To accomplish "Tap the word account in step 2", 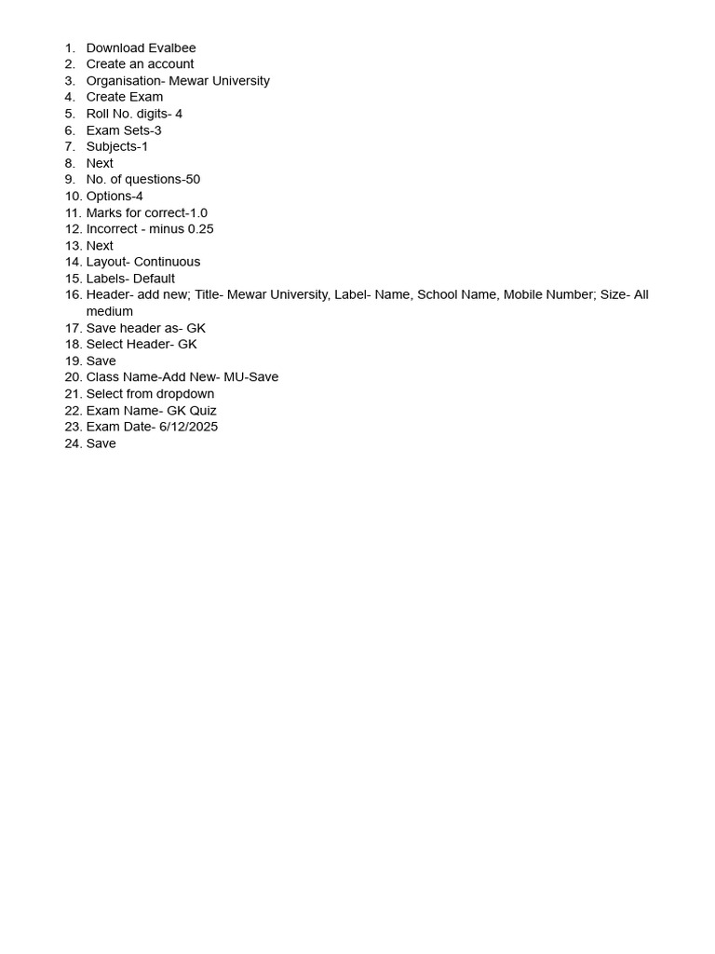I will point(169,64).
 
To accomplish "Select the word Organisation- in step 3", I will point(126,81).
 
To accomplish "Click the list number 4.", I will point(70,97).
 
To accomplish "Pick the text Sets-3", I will point(142,130).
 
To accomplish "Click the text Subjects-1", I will point(117,146).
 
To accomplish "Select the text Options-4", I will point(115,197).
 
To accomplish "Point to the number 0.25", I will point(201,229).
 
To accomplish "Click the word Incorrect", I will point(112,229).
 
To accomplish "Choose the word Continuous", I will point(168,262).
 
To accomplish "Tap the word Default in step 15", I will point(155,279).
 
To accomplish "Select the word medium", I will point(110,311).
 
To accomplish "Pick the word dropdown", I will point(185,394).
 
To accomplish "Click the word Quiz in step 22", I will point(203,411).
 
